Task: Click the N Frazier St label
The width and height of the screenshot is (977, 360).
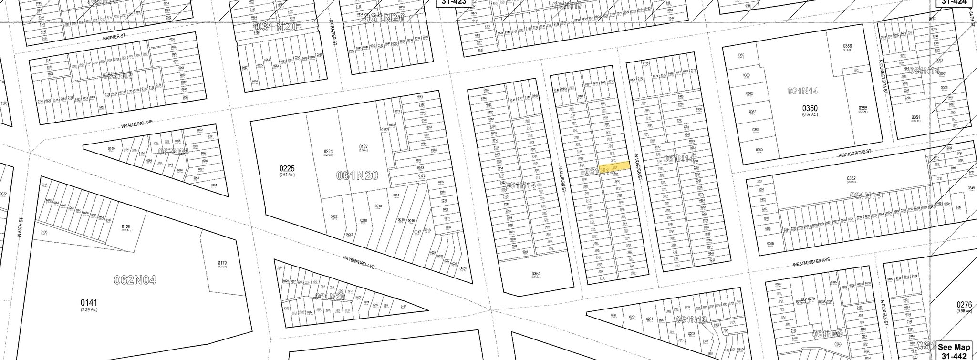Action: coord(335,36)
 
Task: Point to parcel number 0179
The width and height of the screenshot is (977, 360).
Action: coord(222,263)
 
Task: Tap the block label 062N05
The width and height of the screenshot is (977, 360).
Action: coord(118,75)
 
